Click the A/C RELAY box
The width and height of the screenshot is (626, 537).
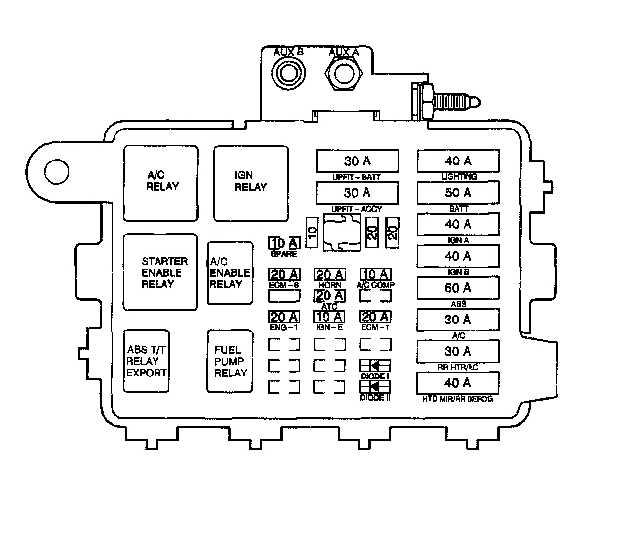(160, 182)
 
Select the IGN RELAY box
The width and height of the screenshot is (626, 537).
(251, 182)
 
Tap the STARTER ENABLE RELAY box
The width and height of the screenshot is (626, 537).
(160, 272)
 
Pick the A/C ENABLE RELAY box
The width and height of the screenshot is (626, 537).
(229, 272)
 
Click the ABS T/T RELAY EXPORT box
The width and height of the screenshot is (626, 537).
(146, 362)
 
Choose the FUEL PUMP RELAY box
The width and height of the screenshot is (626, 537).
(229, 362)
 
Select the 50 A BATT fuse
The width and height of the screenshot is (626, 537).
(458, 193)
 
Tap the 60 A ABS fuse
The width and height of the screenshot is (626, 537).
(458, 288)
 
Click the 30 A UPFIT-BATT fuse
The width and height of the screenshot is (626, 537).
(357, 161)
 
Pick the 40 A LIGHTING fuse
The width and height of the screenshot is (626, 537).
(458, 161)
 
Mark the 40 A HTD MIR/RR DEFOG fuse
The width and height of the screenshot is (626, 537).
(458, 383)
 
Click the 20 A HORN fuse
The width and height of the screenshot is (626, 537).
(330, 275)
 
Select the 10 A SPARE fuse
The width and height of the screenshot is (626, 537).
(284, 243)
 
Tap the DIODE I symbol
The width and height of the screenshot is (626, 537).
(375, 366)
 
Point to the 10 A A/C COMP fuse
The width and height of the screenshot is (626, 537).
(375, 275)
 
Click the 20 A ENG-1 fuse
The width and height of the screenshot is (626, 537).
(284, 317)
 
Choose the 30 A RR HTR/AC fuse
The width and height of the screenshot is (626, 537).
(458, 351)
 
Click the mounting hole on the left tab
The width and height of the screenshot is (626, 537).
(56, 171)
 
